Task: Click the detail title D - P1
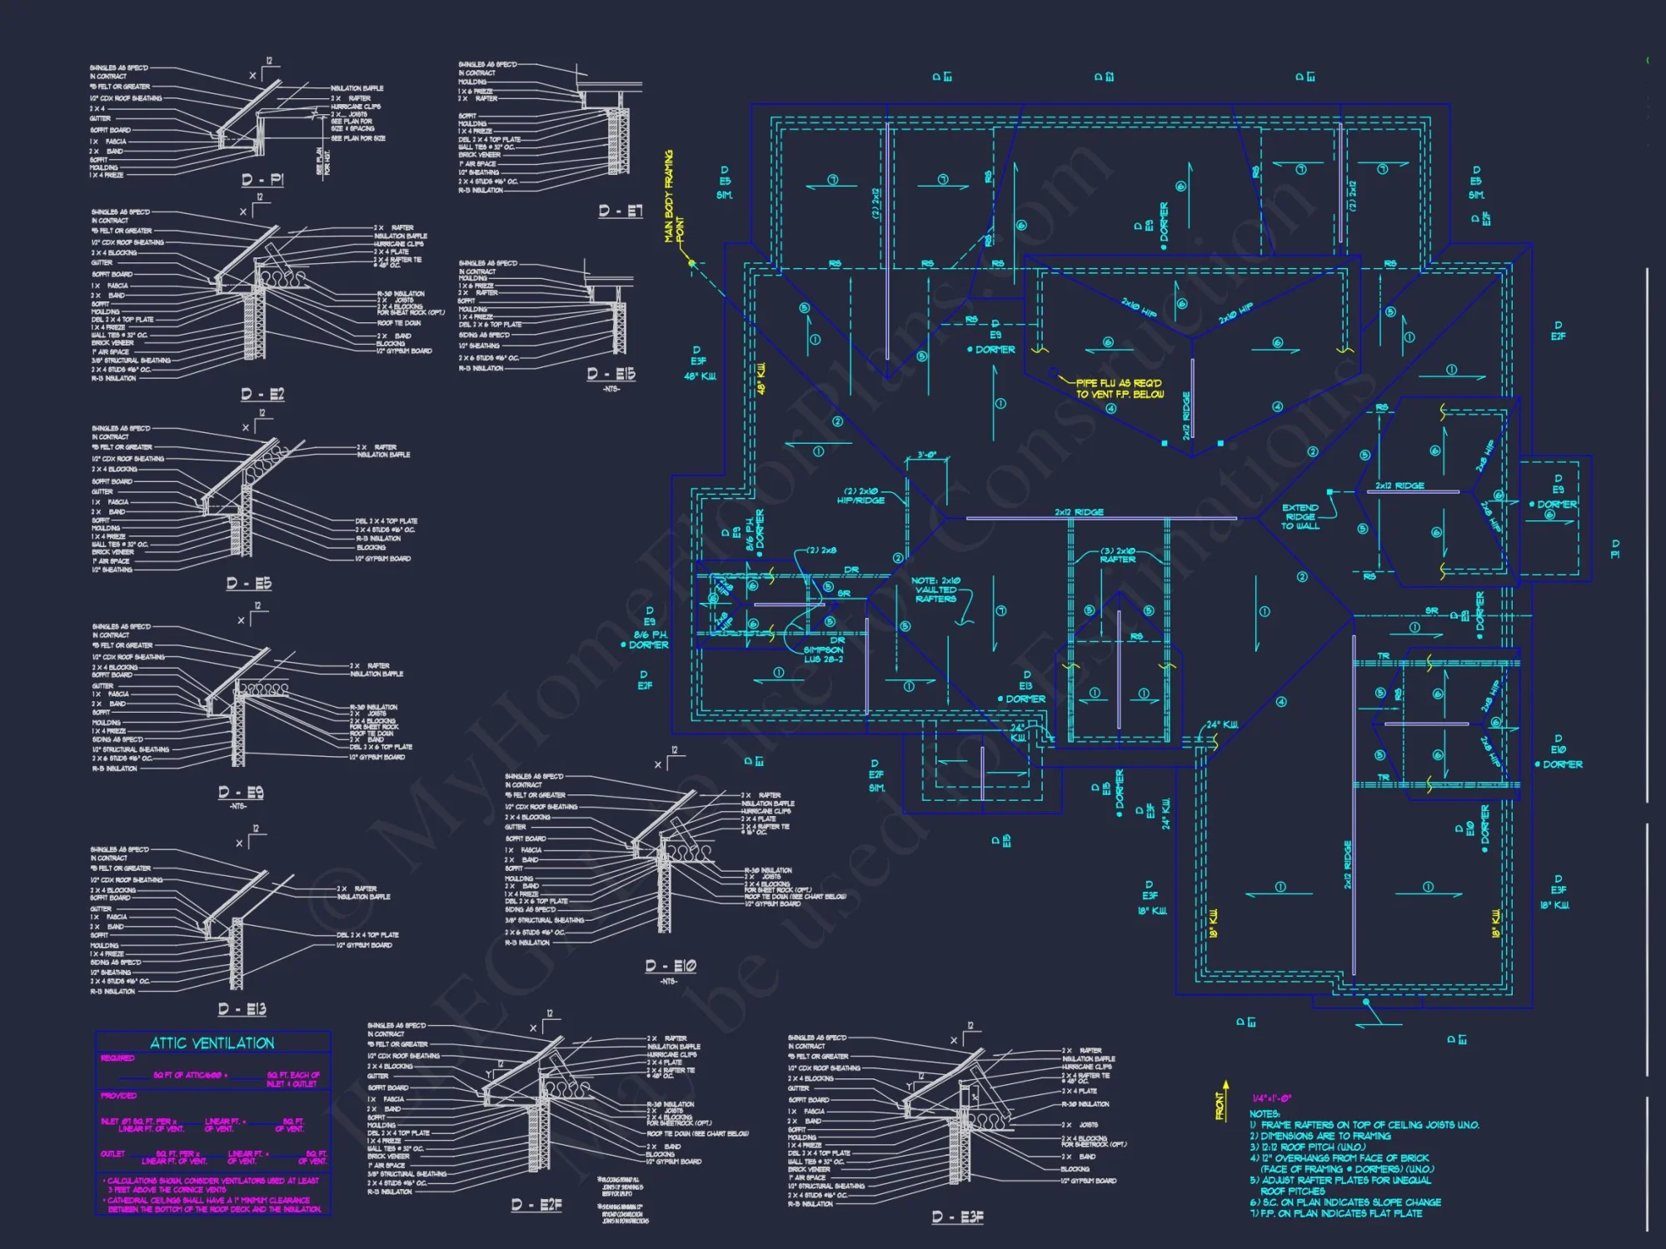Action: (262, 180)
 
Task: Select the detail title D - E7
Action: (621, 211)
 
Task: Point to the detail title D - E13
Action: (242, 1008)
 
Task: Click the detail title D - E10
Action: (670, 966)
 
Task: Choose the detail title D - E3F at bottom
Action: (957, 1217)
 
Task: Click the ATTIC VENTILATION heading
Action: (212, 1043)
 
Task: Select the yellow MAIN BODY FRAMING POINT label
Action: (673, 197)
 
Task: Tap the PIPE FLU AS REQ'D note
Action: (1119, 388)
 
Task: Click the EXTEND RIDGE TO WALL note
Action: (1300, 516)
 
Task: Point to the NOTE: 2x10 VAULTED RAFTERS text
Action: (935, 590)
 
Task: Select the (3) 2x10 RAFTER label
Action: (1117, 555)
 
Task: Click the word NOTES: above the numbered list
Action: (1264, 1113)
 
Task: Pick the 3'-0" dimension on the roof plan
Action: (926, 455)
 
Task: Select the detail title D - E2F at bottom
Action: (536, 1205)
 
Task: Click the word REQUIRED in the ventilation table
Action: (117, 1058)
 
